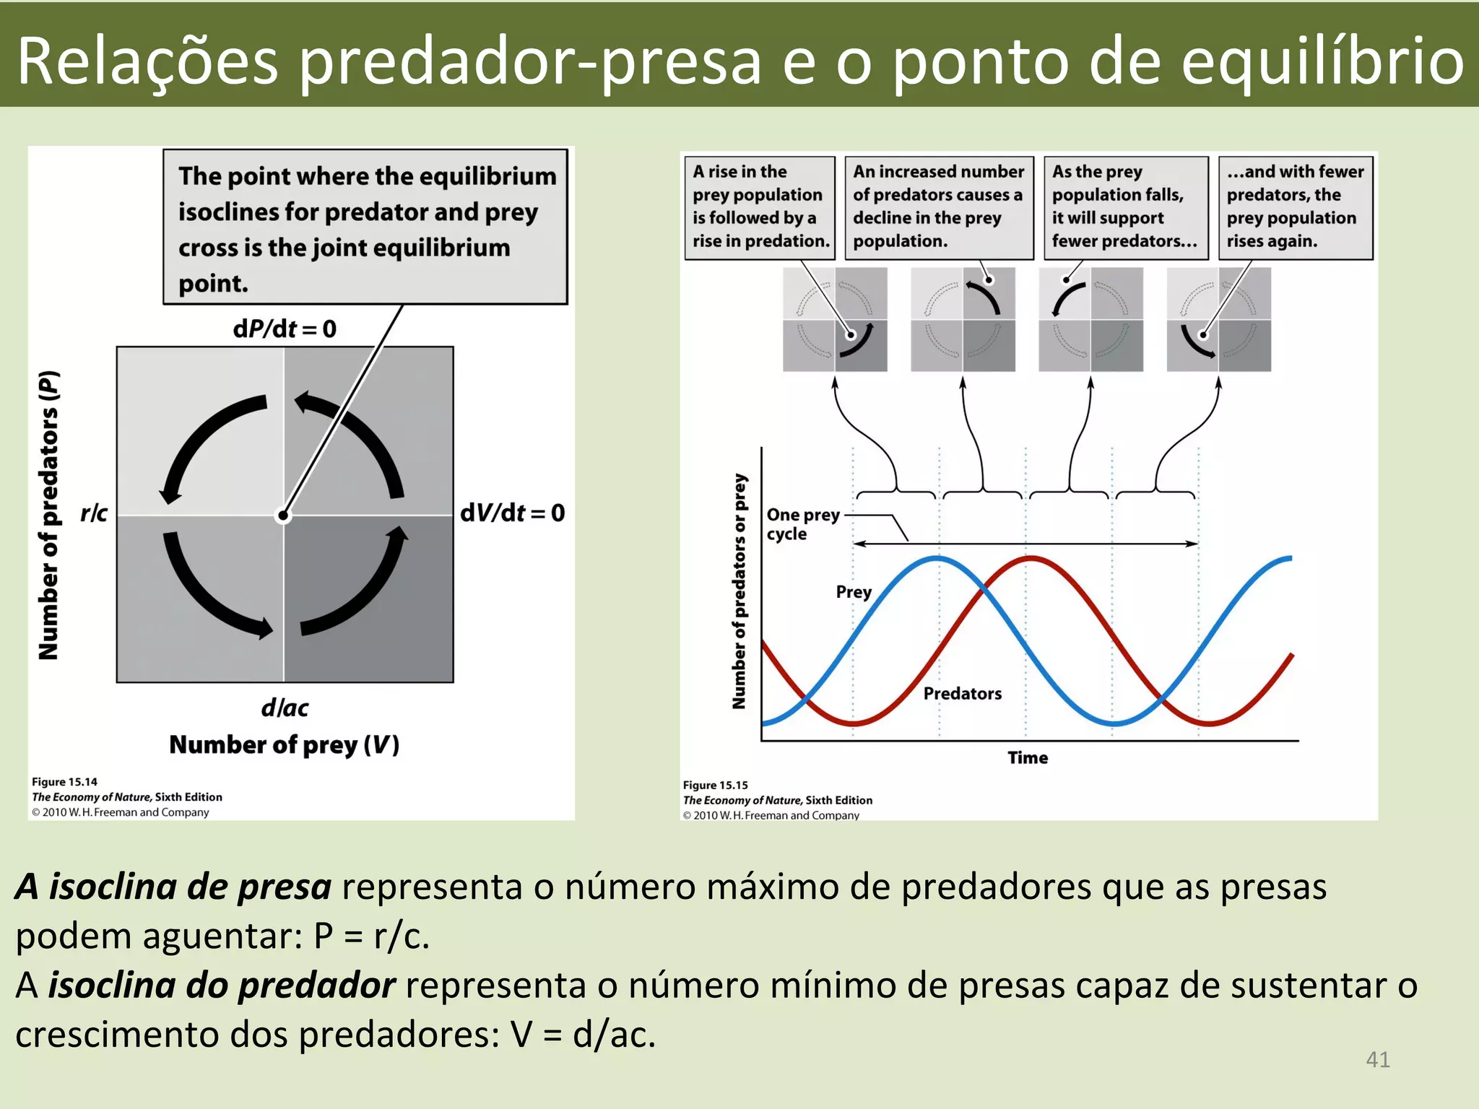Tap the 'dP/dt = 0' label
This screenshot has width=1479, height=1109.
click(285, 329)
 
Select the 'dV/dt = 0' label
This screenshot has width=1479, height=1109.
click(513, 513)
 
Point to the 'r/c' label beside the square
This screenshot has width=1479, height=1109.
click(94, 513)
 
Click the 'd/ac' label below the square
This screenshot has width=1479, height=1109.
click(285, 708)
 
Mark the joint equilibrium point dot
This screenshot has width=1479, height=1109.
click(284, 516)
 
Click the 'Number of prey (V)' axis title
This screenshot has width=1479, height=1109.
click(285, 744)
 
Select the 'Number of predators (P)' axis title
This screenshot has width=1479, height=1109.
click(49, 515)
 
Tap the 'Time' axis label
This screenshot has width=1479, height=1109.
click(1028, 757)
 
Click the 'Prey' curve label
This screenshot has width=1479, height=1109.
click(854, 592)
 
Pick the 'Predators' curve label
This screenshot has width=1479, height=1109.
click(963, 693)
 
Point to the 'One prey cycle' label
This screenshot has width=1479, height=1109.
click(802, 524)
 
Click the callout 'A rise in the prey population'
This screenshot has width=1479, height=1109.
click(760, 206)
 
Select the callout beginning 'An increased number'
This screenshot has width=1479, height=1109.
click(938, 206)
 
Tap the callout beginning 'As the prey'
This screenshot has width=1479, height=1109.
click(1124, 206)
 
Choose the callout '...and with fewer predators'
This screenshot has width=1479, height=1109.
click(1295, 206)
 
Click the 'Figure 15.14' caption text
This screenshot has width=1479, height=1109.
click(64, 782)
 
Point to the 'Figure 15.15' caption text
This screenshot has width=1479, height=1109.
click(716, 785)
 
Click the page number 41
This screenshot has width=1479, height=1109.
click(1378, 1059)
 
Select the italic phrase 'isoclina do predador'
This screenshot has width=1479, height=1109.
click(222, 986)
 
